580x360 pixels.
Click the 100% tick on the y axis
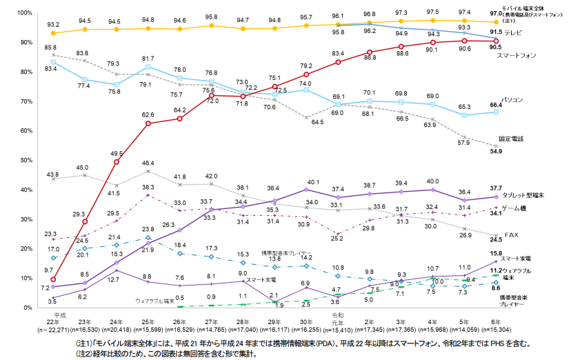(x=24, y=13)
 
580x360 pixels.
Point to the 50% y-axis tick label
(x=26, y=160)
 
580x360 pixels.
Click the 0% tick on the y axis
(x=28, y=308)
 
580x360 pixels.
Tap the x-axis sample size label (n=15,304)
(x=495, y=332)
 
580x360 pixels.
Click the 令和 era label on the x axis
(x=337, y=314)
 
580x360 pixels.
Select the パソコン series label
(x=513, y=101)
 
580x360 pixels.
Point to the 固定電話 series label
(x=512, y=139)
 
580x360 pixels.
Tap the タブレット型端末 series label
(x=525, y=196)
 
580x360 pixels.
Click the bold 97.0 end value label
(x=495, y=13)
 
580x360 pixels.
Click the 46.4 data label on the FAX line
(x=148, y=163)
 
